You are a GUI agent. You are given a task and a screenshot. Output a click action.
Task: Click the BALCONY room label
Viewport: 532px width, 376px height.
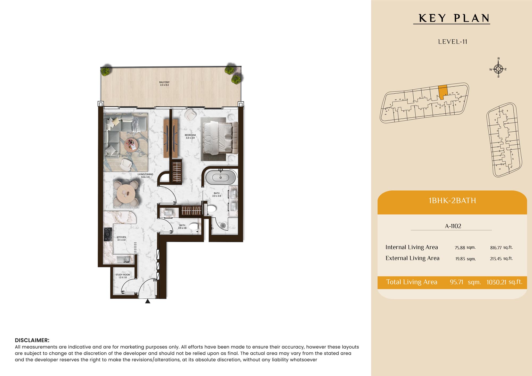[x=164, y=82]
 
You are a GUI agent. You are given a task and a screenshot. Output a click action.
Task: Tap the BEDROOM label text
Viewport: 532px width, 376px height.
[x=190, y=135]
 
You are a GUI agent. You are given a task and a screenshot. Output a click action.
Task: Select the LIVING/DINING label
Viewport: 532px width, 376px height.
[x=145, y=174]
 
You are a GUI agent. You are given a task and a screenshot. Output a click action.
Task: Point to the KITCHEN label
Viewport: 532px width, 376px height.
[x=121, y=237]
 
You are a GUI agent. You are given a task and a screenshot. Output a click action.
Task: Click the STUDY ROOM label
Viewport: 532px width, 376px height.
[x=123, y=275]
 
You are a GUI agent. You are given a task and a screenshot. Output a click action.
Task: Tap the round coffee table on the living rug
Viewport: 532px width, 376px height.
[x=131, y=145]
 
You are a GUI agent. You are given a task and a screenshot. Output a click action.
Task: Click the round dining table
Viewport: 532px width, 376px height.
[x=126, y=194]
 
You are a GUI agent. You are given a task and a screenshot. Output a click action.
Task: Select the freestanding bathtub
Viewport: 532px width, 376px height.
[x=221, y=177]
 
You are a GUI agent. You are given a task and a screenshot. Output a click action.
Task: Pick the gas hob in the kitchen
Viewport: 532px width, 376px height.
[x=108, y=234]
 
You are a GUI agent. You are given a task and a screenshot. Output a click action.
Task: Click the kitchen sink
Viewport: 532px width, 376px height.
[x=124, y=259]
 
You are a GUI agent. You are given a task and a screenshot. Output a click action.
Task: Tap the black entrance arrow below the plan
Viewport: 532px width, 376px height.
[x=148, y=301]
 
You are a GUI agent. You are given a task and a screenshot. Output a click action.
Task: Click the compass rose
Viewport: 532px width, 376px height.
[x=498, y=69]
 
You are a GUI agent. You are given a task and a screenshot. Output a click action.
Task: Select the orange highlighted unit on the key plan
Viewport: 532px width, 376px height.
[x=443, y=92]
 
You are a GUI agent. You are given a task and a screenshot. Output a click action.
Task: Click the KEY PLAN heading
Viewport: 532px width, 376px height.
[x=454, y=18]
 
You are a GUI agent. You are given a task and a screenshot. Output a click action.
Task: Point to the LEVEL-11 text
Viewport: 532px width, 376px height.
[x=453, y=42]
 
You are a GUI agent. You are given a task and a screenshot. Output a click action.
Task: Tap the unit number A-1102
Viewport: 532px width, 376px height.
[x=453, y=226]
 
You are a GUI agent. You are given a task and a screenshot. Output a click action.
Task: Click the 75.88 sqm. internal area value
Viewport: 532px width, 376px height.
[x=465, y=248]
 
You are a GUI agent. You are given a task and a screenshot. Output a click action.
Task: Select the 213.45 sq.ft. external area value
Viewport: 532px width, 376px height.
[x=501, y=258]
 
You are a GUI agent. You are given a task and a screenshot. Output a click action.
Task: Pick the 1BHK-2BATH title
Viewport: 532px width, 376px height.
[x=452, y=200]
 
